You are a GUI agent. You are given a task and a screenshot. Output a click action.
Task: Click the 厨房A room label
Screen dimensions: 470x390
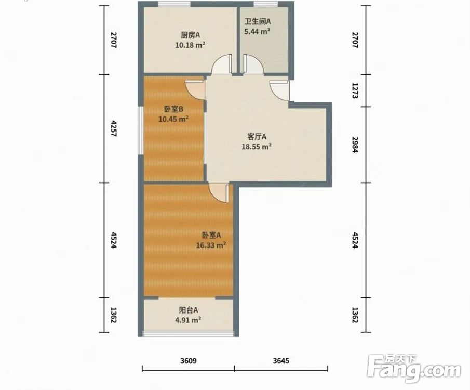[x=190, y=35]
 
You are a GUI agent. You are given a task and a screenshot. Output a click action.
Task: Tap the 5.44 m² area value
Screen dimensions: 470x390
[x=258, y=31]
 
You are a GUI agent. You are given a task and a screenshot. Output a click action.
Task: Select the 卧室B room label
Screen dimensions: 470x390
[x=173, y=109]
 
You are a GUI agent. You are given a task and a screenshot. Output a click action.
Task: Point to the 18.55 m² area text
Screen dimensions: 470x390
[x=257, y=147]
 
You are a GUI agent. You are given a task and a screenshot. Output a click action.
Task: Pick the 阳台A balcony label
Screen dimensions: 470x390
[x=188, y=310]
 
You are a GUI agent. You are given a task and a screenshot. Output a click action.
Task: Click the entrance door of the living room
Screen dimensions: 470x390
[x=279, y=90]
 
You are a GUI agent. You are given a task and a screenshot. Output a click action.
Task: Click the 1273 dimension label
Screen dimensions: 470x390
[x=355, y=91]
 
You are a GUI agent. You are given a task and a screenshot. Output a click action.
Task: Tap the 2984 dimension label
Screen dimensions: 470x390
[x=355, y=145]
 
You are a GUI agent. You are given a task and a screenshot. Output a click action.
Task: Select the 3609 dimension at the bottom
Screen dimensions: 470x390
[x=189, y=360]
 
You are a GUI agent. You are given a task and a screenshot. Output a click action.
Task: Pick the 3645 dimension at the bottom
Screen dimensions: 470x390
[x=281, y=360]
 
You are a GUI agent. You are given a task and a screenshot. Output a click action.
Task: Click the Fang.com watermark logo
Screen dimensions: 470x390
[x=414, y=369]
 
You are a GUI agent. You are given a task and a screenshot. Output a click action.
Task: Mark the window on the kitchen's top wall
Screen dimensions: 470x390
[x=174, y=4]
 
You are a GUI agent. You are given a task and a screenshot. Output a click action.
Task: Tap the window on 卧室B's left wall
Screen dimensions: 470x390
[x=141, y=131]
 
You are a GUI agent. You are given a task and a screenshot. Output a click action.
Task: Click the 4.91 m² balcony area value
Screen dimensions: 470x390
[x=188, y=320]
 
